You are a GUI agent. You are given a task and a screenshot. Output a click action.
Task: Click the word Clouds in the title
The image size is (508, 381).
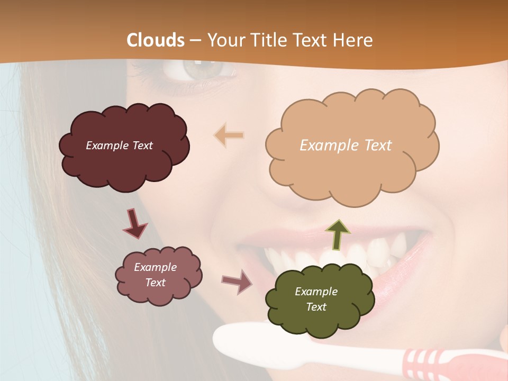pos(156,40)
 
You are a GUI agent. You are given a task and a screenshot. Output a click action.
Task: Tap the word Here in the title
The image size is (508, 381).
pos(354,40)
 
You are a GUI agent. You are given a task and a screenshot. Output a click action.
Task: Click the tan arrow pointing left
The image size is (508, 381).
pos(229,135)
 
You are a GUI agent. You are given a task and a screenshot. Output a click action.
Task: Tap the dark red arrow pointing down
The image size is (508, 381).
pos(134,223)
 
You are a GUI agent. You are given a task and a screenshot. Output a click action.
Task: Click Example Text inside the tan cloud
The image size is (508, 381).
pos(346,145)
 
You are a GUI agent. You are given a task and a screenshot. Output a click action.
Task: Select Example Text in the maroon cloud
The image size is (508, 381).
pos(119,146)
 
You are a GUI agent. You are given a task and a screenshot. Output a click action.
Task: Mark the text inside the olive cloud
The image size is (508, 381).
pos(316,299)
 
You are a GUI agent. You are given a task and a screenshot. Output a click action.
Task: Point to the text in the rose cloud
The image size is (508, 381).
pos(156,275)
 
